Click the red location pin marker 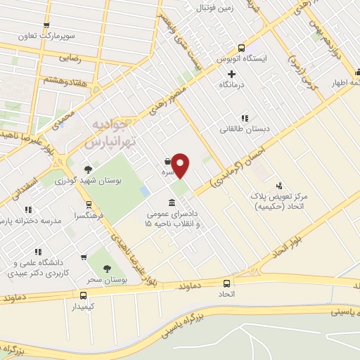point(181,165)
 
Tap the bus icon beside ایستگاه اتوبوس point(241,49)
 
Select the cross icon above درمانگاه point(231,74)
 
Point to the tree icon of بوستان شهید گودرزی point(88,169)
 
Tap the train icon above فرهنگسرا point(88,205)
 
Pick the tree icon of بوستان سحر point(107,268)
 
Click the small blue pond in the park point(146,191)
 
